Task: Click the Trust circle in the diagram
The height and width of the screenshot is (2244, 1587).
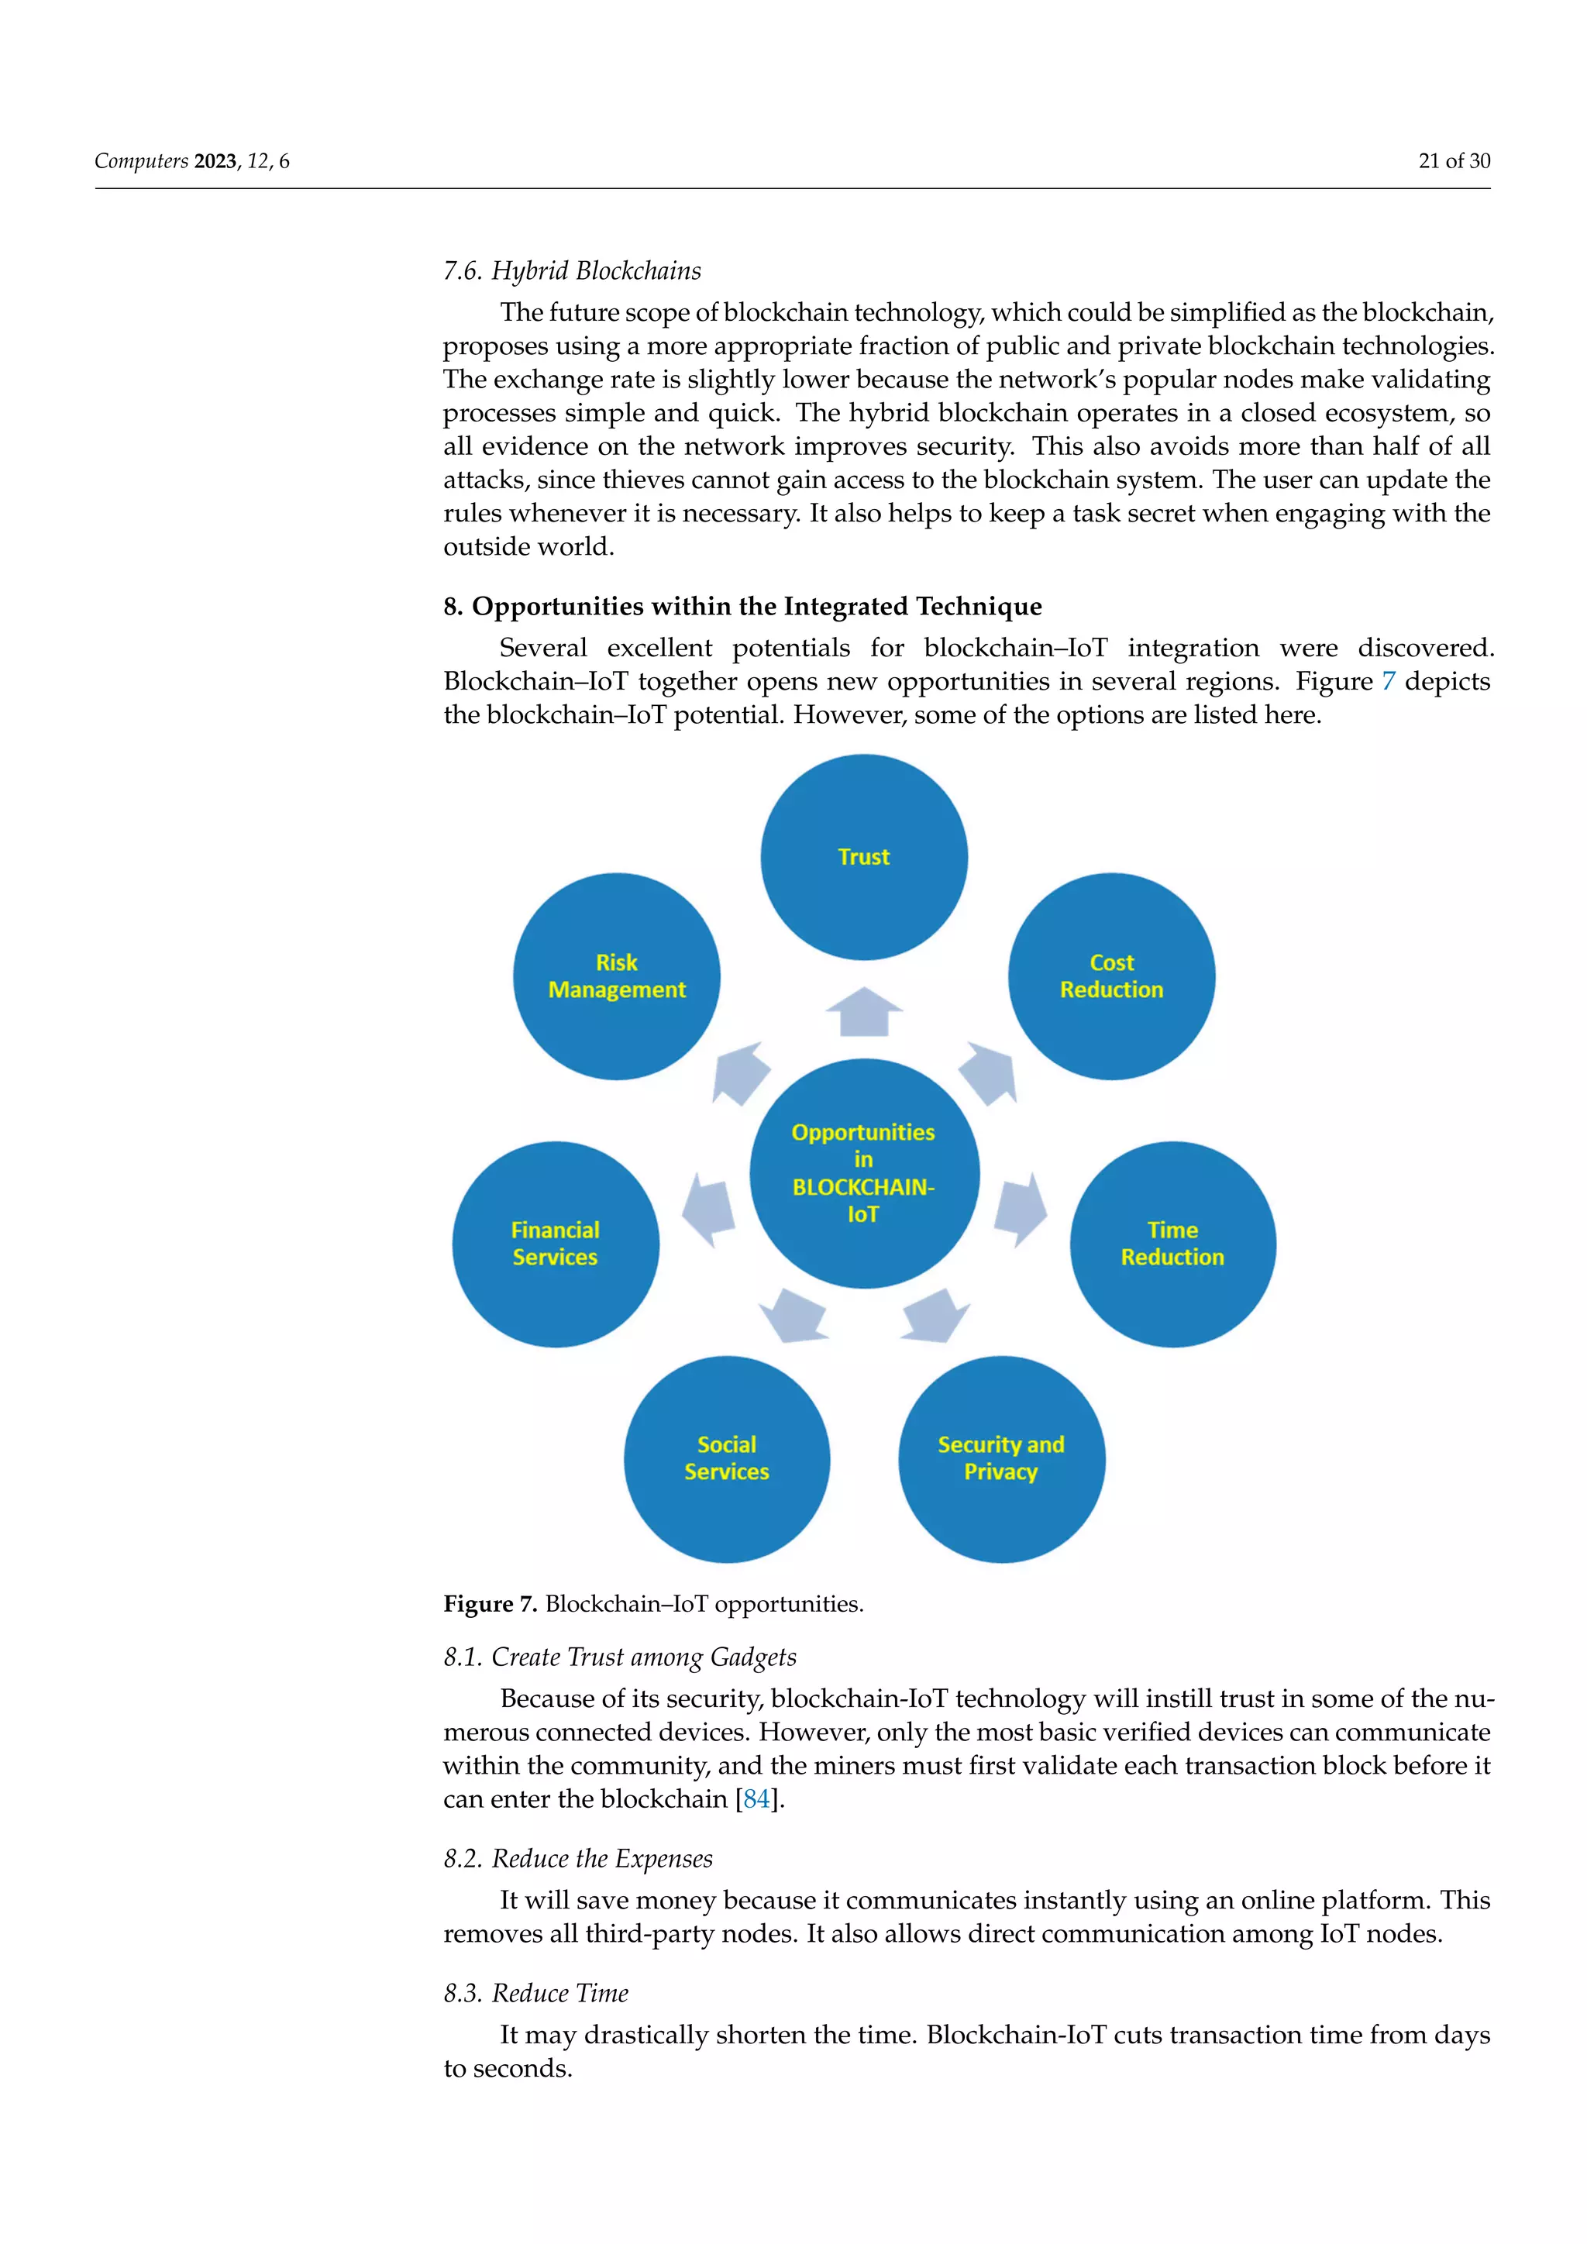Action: coord(864,857)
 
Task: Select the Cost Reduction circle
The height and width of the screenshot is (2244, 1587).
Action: coord(1111,976)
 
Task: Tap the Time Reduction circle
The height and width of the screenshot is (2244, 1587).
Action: coord(1172,1244)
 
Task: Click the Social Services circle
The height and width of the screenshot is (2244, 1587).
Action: coord(727,1458)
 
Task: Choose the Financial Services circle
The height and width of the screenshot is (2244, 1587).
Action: coord(555,1244)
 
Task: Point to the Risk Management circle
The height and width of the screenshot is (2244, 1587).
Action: coord(617,976)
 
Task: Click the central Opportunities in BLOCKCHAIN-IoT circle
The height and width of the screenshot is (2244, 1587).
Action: coord(864,1173)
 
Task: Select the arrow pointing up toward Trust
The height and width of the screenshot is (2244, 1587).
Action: coord(864,1013)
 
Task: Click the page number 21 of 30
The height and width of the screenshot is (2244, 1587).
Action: coord(1453,161)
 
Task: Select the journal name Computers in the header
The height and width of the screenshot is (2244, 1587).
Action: coord(141,161)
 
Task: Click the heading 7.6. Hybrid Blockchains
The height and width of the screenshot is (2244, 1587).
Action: coord(572,270)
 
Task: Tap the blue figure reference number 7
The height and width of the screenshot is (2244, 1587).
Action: coord(1388,681)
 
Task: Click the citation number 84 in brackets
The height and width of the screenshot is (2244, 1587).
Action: coord(756,1799)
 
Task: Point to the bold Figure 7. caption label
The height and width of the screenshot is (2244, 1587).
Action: coord(491,1604)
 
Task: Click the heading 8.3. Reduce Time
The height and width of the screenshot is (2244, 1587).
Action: coord(535,1993)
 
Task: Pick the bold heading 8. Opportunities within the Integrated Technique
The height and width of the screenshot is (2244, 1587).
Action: coord(742,607)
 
